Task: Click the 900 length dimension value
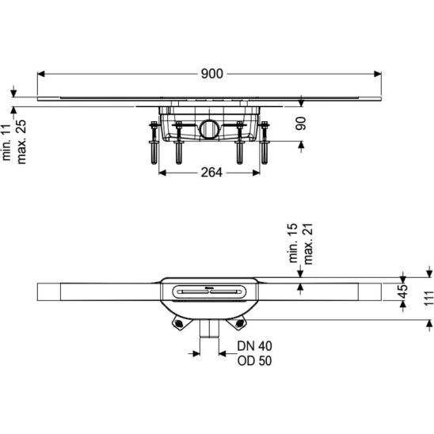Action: (x=211, y=74)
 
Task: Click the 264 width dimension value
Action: (x=211, y=173)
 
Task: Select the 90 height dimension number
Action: (x=301, y=124)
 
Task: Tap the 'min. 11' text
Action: (x=6, y=143)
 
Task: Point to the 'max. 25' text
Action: (x=21, y=142)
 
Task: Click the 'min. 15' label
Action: (x=293, y=243)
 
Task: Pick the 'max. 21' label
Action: (x=308, y=244)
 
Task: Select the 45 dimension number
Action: (x=403, y=291)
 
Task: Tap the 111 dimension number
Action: (x=429, y=298)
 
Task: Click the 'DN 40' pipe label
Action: (x=255, y=346)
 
